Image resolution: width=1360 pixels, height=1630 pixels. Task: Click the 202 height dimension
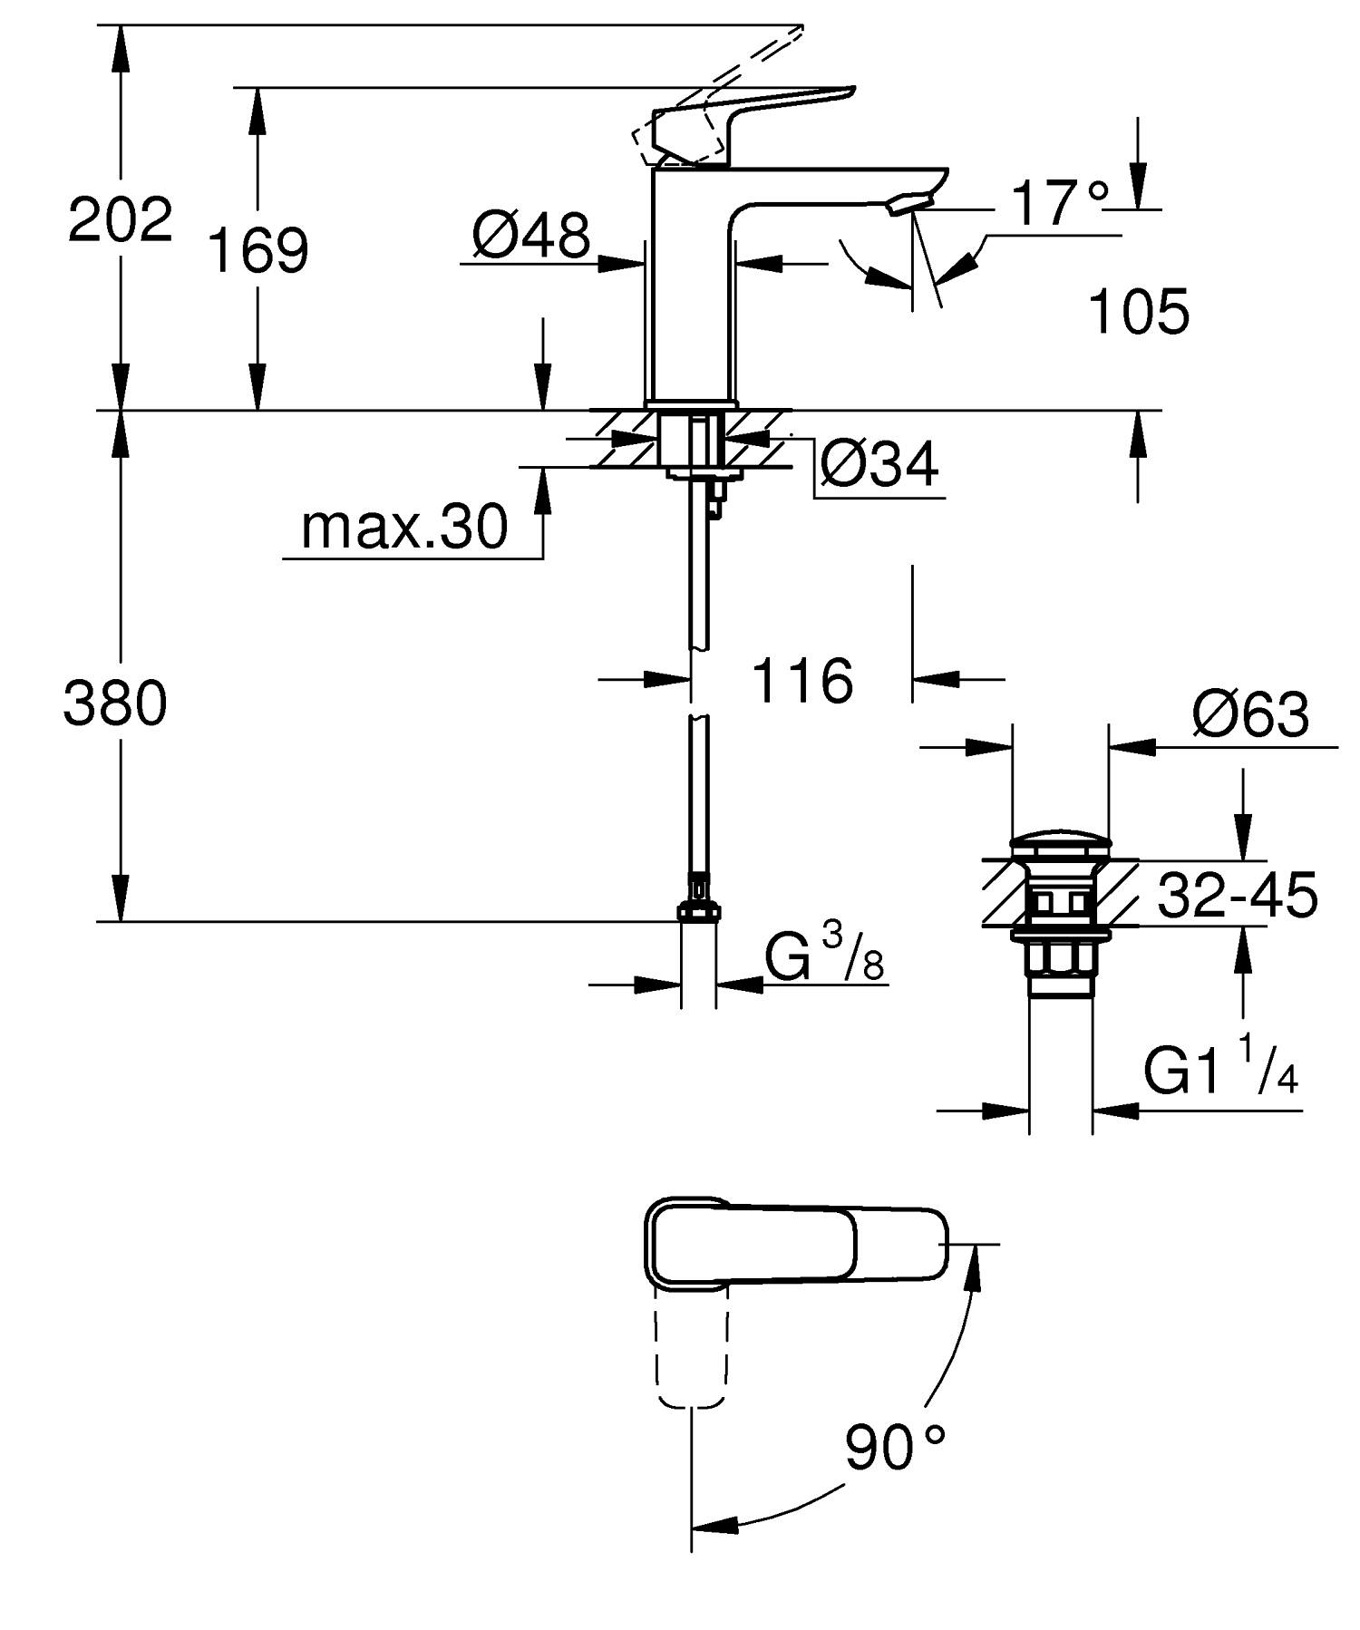pyautogui.click(x=120, y=219)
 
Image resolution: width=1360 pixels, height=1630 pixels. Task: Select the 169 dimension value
pyautogui.click(x=258, y=250)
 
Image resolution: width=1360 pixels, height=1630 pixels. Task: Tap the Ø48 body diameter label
pyautogui.click(x=530, y=236)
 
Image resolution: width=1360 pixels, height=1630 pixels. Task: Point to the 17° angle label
pyautogui.click(x=1059, y=203)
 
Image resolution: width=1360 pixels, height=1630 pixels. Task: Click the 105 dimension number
pyautogui.click(x=1138, y=312)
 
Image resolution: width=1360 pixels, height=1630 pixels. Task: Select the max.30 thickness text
pyautogui.click(x=404, y=527)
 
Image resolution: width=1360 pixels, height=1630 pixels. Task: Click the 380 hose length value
pyautogui.click(x=115, y=704)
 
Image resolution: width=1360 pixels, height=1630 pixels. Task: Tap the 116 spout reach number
pyautogui.click(x=802, y=681)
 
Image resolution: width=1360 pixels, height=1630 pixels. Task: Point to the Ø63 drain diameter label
pyautogui.click(x=1250, y=714)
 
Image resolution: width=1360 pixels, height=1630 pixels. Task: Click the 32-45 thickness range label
pyautogui.click(x=1238, y=896)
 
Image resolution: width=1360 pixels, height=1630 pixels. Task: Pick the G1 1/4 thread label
pyautogui.click(x=1220, y=1070)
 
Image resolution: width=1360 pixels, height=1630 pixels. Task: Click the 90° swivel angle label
pyautogui.click(x=894, y=1448)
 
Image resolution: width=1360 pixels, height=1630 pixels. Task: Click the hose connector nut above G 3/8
pyautogui.click(x=699, y=909)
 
